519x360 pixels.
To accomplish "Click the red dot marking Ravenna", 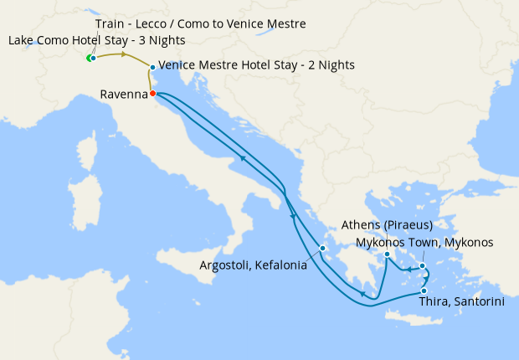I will (152, 93).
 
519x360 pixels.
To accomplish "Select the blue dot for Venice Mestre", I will (152, 67).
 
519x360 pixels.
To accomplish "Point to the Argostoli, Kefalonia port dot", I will (321, 248).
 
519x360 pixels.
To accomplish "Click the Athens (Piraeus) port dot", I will (387, 254).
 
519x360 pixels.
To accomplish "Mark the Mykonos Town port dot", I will (423, 266).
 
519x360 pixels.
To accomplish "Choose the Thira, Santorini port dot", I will (424, 291).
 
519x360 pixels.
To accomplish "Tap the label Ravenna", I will (123, 95).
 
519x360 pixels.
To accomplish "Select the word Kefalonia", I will (279, 266).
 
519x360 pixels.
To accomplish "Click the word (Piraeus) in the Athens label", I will (405, 225).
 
